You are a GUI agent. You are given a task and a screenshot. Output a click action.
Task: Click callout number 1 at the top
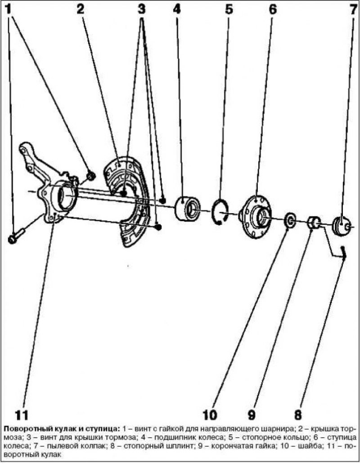coord(9,10)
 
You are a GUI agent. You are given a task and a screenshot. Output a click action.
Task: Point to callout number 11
coord(21,415)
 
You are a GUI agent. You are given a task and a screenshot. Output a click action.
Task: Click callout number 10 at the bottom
coord(210,415)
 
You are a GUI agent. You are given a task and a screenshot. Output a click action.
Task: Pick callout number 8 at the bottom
coord(298,415)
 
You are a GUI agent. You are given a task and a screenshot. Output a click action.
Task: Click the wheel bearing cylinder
coord(188,208)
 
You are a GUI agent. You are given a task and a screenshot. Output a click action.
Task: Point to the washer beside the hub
coord(289,221)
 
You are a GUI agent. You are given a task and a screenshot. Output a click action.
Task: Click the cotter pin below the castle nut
coord(343,253)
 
